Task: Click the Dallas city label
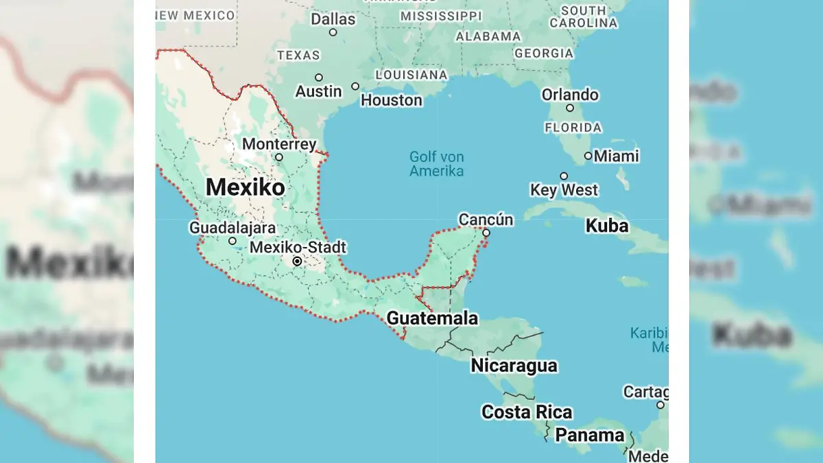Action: (x=333, y=19)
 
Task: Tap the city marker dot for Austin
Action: (x=319, y=78)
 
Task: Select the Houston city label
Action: (x=392, y=100)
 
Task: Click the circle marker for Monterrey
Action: (x=279, y=157)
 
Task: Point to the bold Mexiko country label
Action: (x=245, y=187)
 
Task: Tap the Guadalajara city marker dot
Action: (x=232, y=241)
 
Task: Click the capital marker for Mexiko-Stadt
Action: (x=297, y=261)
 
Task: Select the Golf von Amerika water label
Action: (x=436, y=164)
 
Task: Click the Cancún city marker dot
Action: (x=486, y=233)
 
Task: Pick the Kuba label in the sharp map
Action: (x=607, y=226)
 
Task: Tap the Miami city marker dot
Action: (x=588, y=156)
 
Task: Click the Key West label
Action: (x=564, y=190)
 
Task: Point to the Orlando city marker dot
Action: (x=570, y=108)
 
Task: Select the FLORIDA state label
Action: (x=573, y=128)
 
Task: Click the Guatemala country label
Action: (x=432, y=318)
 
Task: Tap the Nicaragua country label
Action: (x=514, y=366)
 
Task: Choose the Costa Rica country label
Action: (x=527, y=412)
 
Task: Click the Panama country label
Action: (x=590, y=435)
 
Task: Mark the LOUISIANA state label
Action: (x=411, y=74)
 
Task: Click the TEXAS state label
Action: (x=298, y=55)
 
